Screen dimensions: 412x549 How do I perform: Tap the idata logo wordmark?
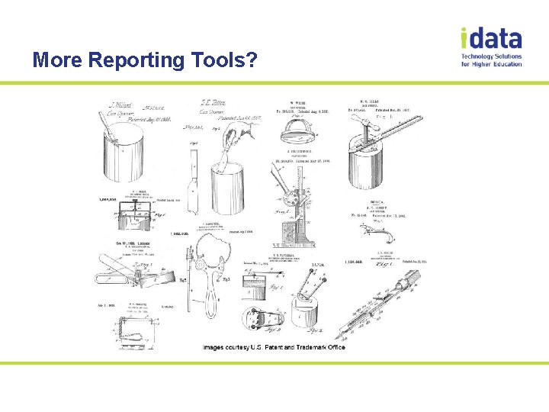491,38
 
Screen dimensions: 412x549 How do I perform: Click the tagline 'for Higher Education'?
492,64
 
